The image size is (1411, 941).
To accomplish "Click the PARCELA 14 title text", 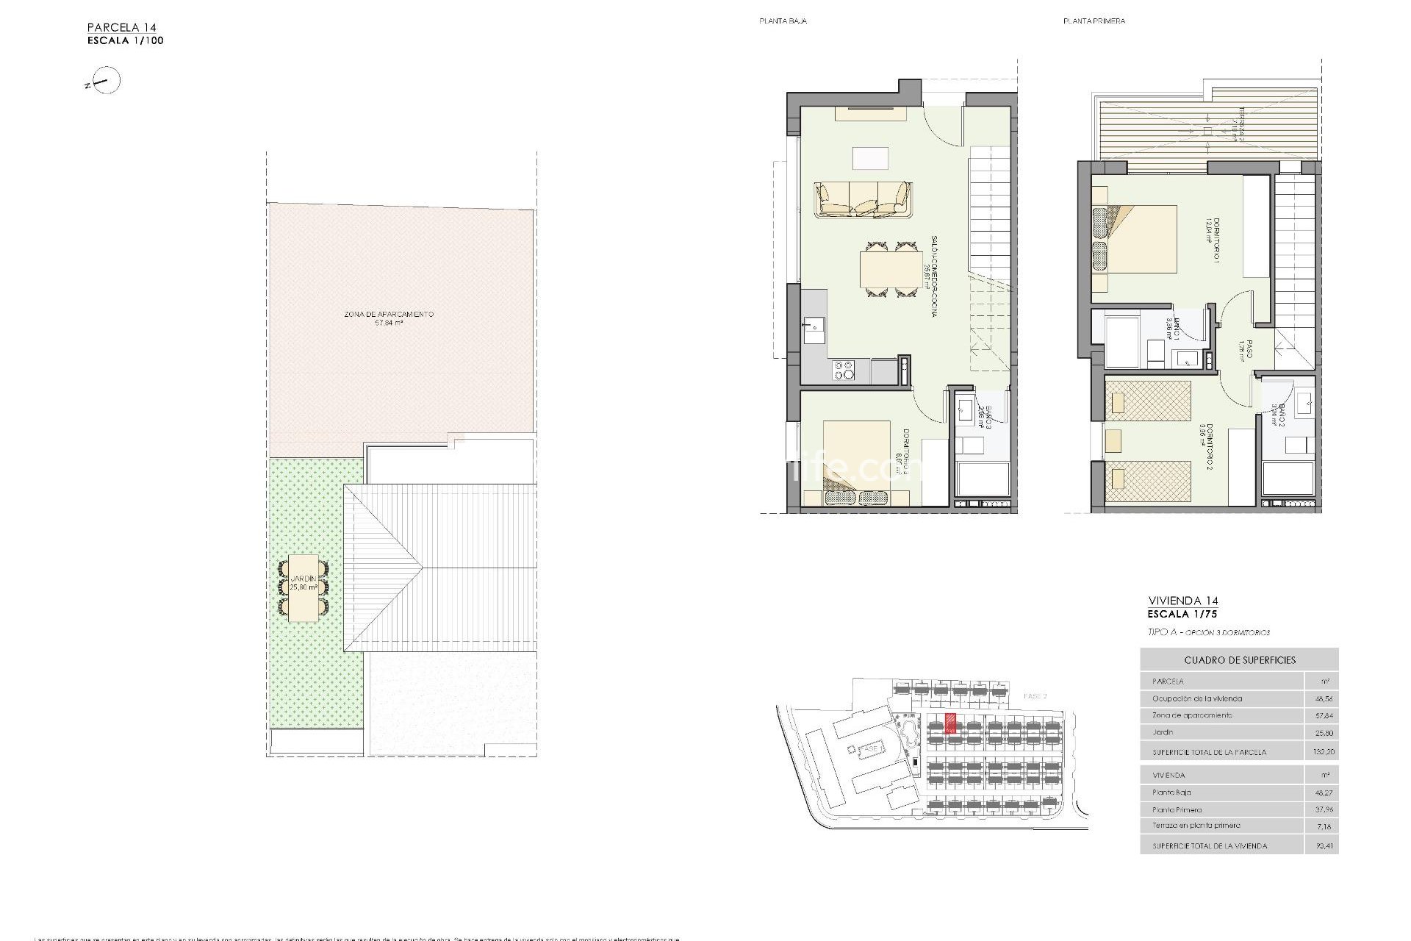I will click(x=122, y=28).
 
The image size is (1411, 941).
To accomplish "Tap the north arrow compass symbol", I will click(x=107, y=81).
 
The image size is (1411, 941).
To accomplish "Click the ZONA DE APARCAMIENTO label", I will click(x=388, y=315).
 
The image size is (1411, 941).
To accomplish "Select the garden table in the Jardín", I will click(x=304, y=588).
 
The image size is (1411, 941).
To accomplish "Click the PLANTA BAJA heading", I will click(x=783, y=21).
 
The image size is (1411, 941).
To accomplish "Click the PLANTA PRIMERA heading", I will click(x=1094, y=21).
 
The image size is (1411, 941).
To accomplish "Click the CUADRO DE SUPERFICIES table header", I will click(x=1239, y=660).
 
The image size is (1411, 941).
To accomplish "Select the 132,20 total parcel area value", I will click(x=1322, y=752).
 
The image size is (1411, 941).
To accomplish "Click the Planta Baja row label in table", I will click(x=1171, y=792).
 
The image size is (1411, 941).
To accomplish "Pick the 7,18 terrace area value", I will click(x=1324, y=826).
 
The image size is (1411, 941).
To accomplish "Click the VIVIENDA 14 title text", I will click(x=1182, y=601).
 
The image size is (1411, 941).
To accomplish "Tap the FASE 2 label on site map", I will click(x=1035, y=695).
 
